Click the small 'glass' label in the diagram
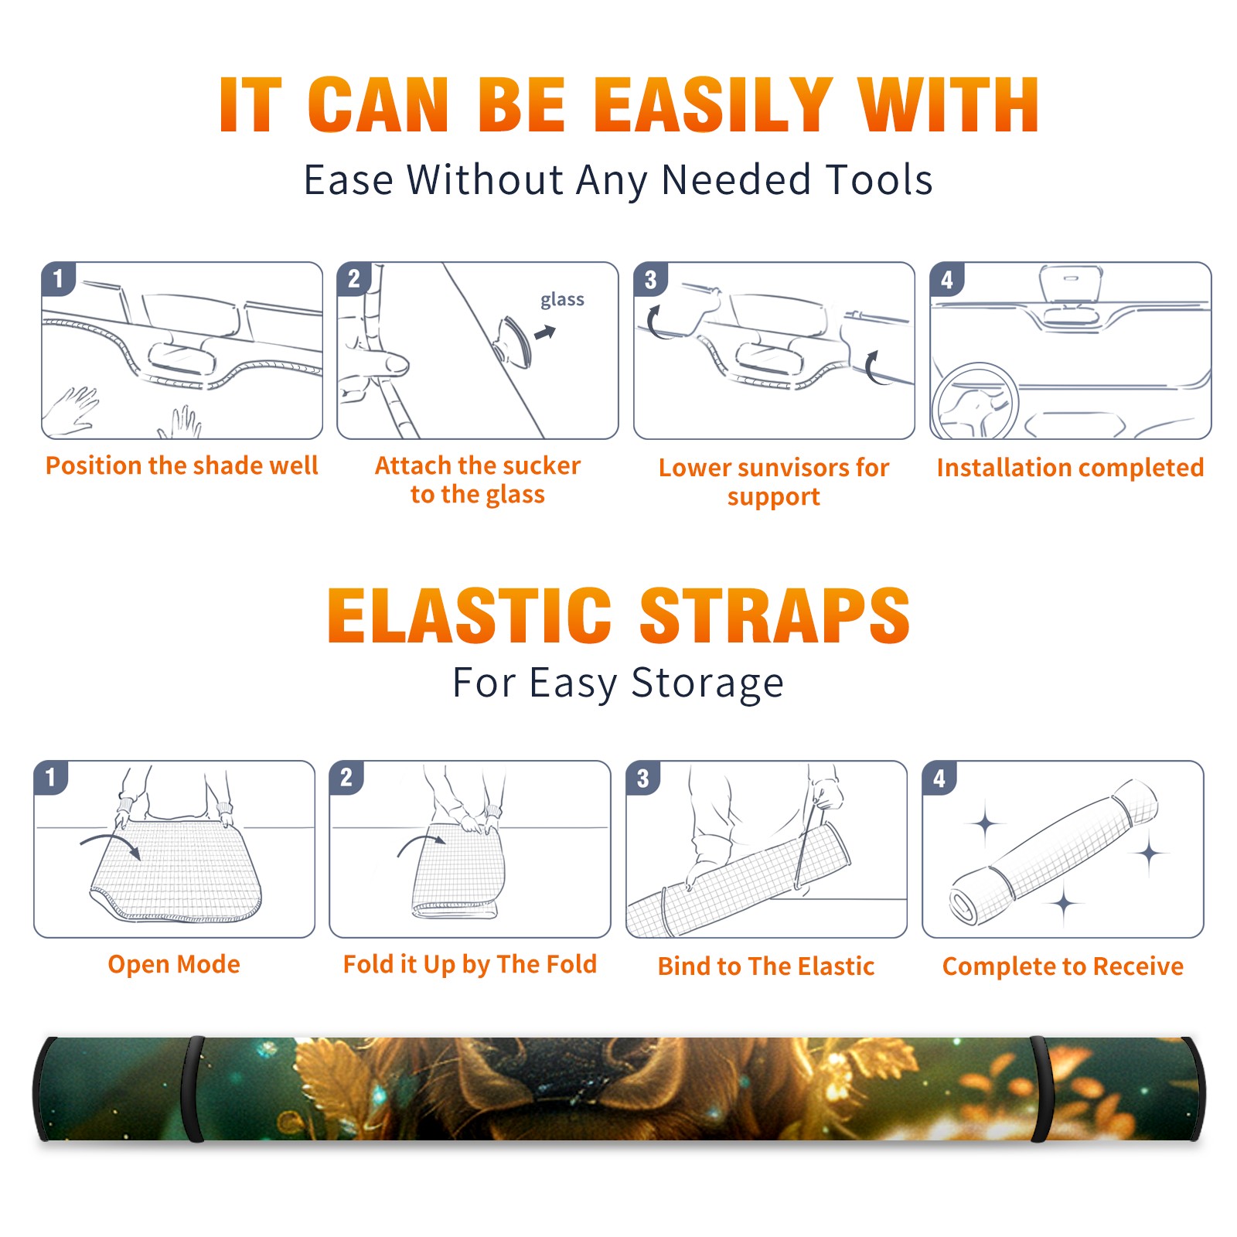pos(562,299)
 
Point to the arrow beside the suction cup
pos(545,332)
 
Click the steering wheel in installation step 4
pos(975,402)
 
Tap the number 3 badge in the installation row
pos(650,279)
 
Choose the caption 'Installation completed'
pos(1070,467)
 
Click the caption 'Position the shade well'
pos(182,465)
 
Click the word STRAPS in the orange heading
pos(774,615)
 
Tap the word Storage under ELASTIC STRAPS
pos(707,683)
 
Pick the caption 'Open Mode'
pos(174,964)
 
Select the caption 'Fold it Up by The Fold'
pos(470,964)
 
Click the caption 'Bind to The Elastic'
pos(766,966)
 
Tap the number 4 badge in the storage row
pos(939,778)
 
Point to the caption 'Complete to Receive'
pos(1063,966)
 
